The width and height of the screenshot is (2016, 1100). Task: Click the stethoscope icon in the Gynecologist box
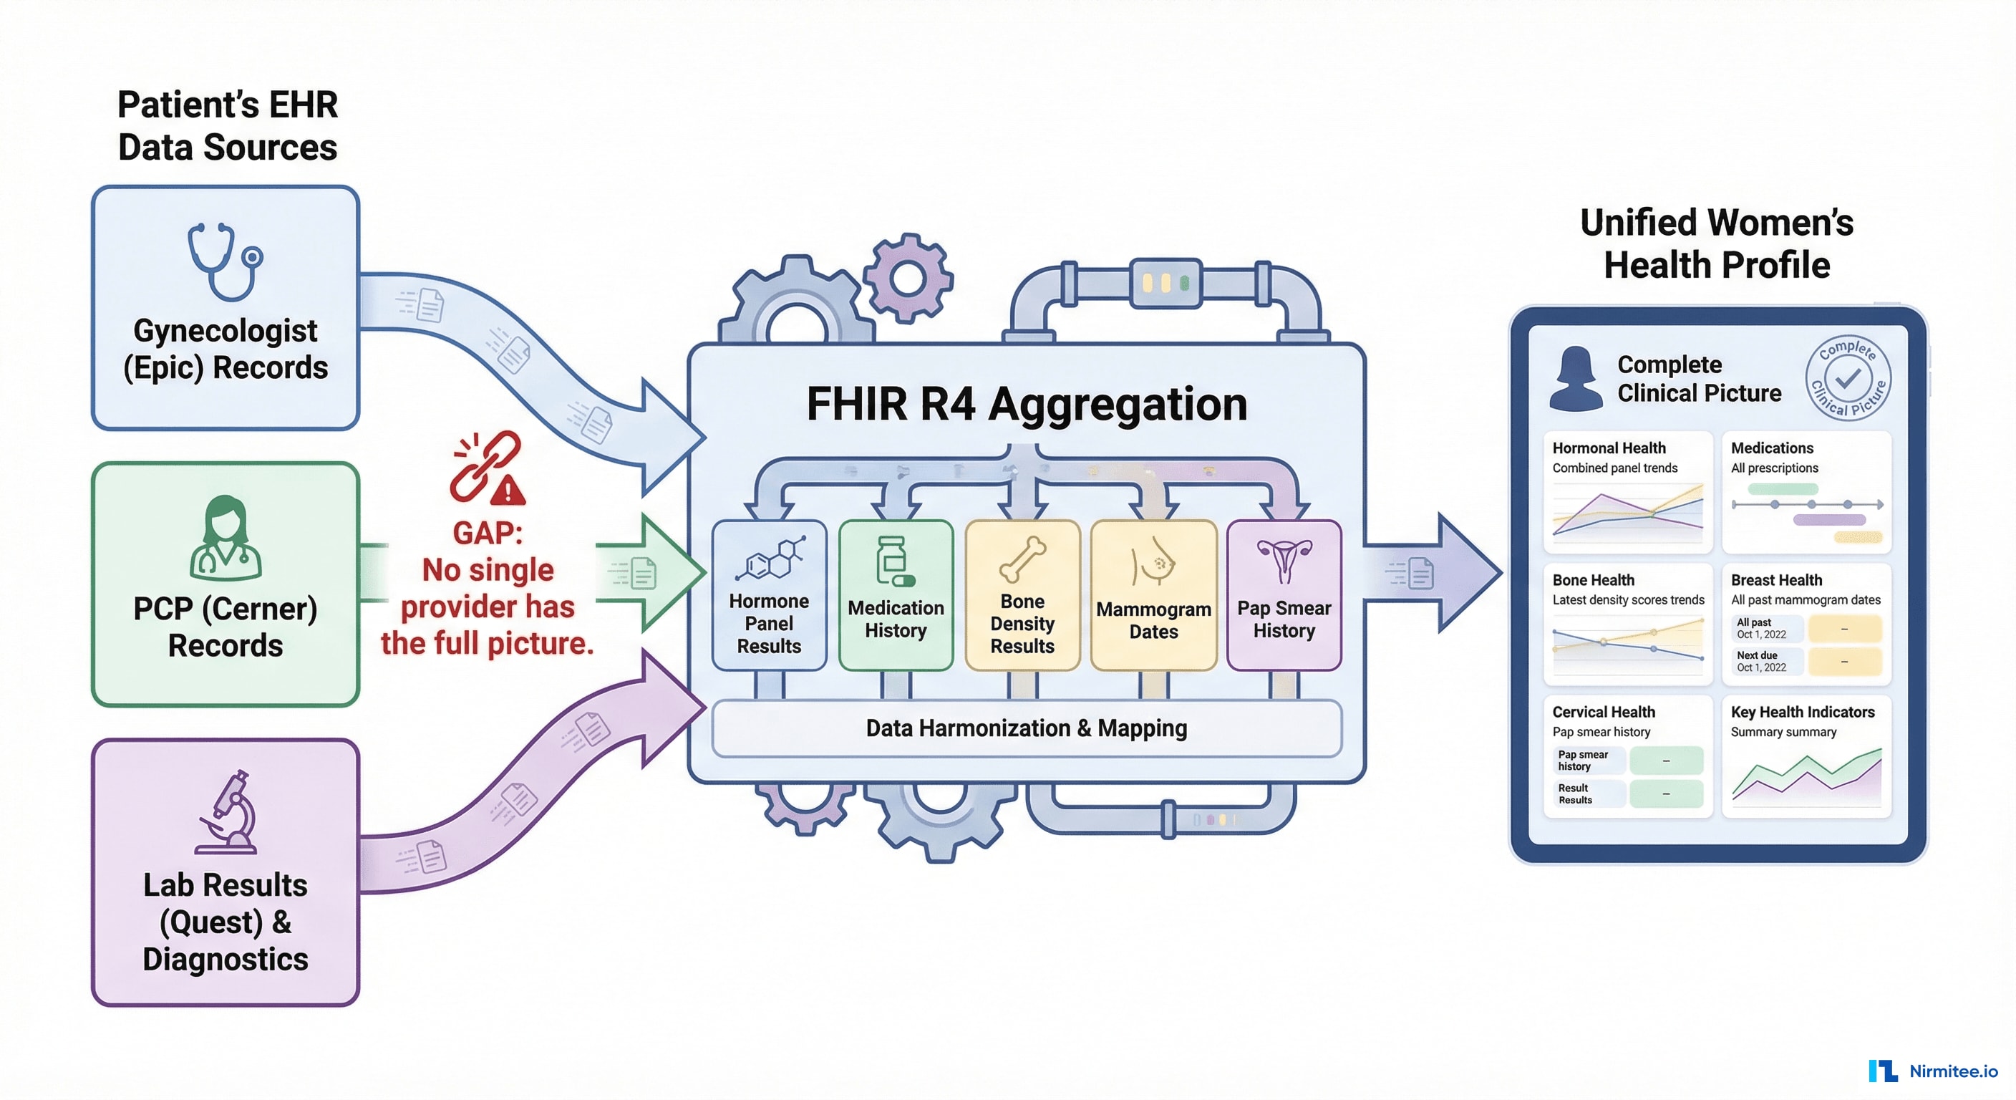[225, 261]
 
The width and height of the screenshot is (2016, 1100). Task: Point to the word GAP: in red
[487, 533]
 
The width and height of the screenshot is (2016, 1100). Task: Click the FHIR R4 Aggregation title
[1026, 405]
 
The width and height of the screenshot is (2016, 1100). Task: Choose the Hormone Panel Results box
[768, 596]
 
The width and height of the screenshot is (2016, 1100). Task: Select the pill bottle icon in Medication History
[893, 561]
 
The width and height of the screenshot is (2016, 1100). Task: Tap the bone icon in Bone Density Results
[1022, 559]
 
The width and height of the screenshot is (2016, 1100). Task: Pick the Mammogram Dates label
[1153, 620]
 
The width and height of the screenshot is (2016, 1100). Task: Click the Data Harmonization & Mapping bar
[1026, 728]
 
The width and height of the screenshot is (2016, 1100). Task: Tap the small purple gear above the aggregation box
[908, 278]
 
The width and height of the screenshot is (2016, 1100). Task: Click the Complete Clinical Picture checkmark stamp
[1848, 379]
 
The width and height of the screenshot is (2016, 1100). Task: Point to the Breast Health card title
[1775, 580]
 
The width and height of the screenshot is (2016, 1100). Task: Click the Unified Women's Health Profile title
[1715, 243]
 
